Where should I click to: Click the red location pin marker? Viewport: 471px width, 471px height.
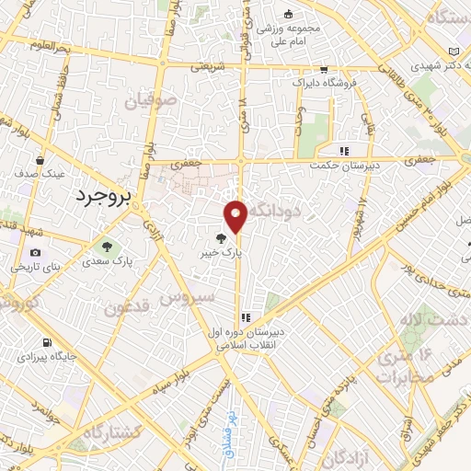[x=236, y=215]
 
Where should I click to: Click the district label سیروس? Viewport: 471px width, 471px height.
[x=189, y=297]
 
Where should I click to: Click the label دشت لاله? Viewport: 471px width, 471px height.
[x=422, y=321]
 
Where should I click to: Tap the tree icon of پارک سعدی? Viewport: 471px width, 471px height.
[x=108, y=247]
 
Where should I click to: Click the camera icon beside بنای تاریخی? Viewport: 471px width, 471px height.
[x=35, y=253]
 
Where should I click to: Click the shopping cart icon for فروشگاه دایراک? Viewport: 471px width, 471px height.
[x=324, y=70]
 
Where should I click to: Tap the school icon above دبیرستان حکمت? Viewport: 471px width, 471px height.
[x=344, y=151]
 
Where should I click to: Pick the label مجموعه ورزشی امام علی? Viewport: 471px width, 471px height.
[x=286, y=33]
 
